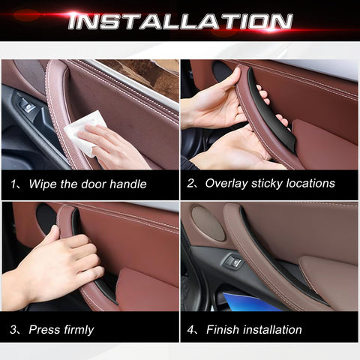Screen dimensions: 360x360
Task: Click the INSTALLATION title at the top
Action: [180, 21]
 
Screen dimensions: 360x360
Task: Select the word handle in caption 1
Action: [127, 184]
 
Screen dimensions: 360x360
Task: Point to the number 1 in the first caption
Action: [13, 184]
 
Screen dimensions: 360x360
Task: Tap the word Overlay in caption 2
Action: [226, 184]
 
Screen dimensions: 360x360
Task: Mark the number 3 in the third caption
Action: [13, 329]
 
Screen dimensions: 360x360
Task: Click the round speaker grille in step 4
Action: [208, 223]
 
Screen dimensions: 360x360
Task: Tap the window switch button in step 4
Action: [235, 262]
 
